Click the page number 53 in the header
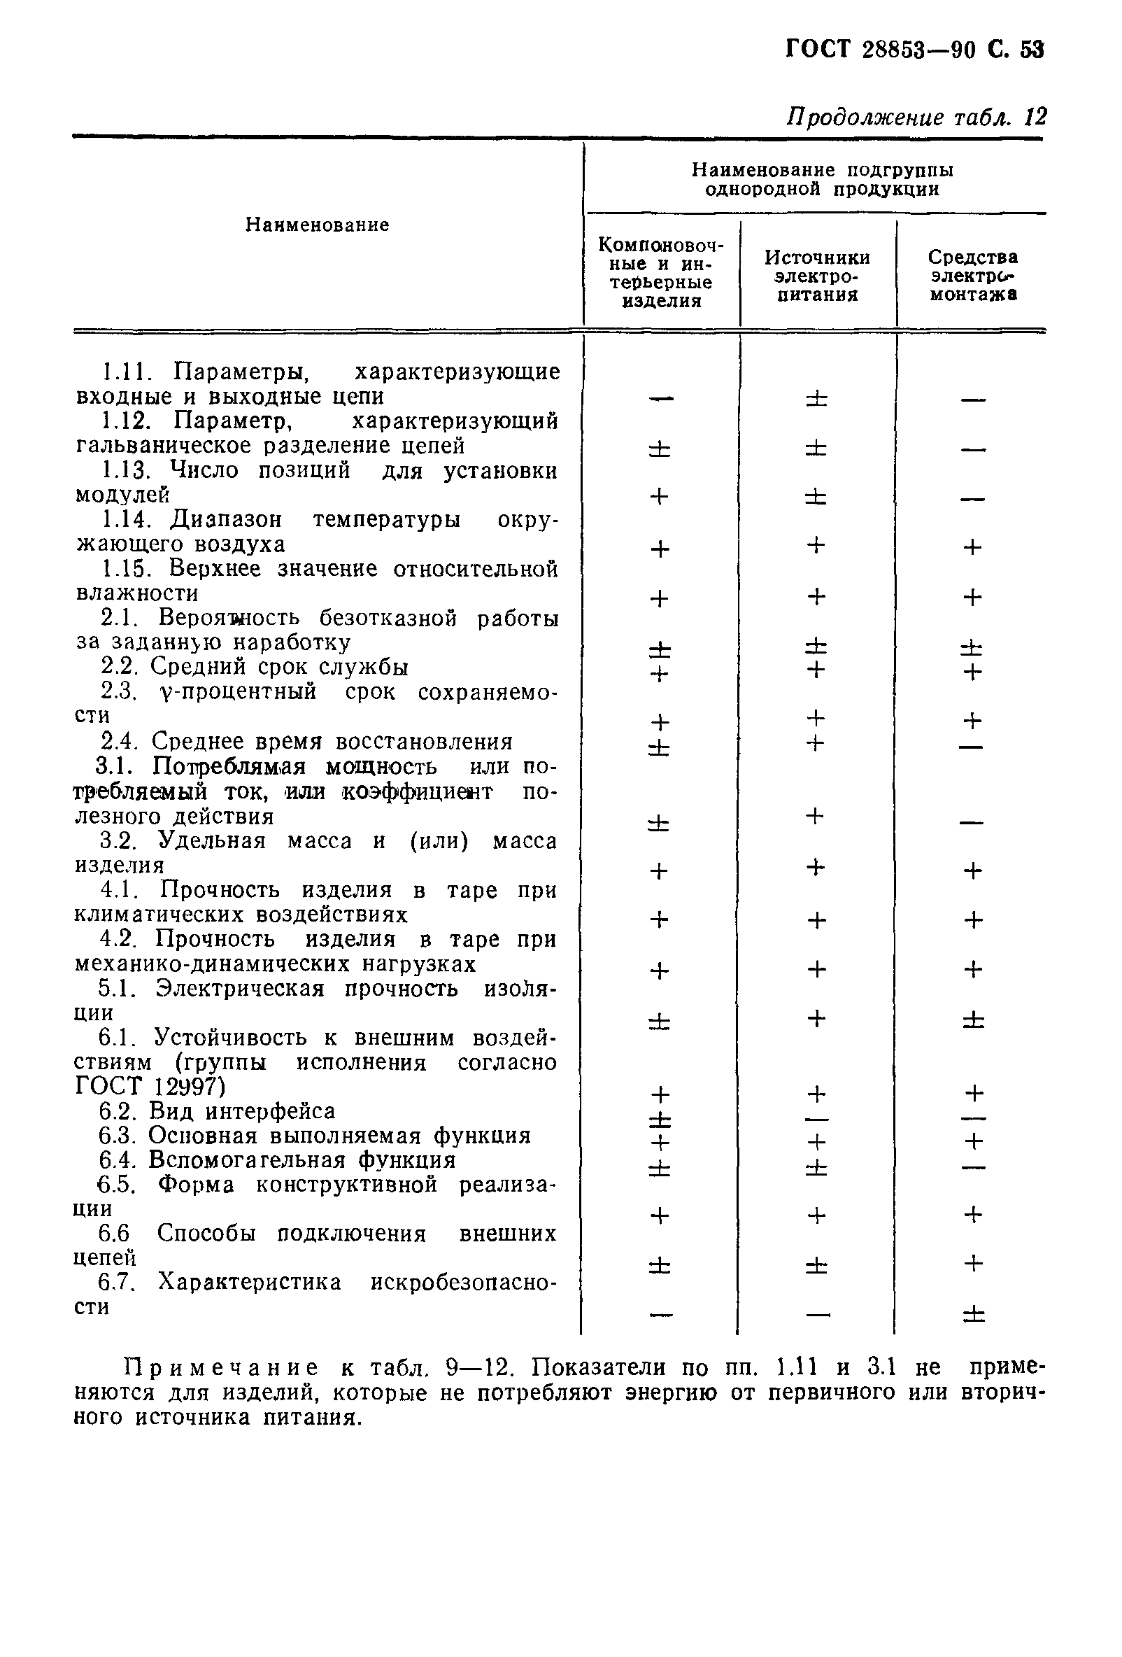(1032, 50)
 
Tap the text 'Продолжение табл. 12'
(916, 116)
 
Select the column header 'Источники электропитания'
(817, 276)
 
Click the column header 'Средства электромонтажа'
(972, 276)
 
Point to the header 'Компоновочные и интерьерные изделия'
(661, 272)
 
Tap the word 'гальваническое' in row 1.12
(162, 446)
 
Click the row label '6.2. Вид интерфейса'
(217, 1110)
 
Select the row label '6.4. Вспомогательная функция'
(277, 1160)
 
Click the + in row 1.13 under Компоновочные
(660, 496)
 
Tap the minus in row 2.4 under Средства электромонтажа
(972, 747)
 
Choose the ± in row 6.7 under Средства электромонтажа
(973, 1314)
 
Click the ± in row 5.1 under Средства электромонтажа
(973, 1022)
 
